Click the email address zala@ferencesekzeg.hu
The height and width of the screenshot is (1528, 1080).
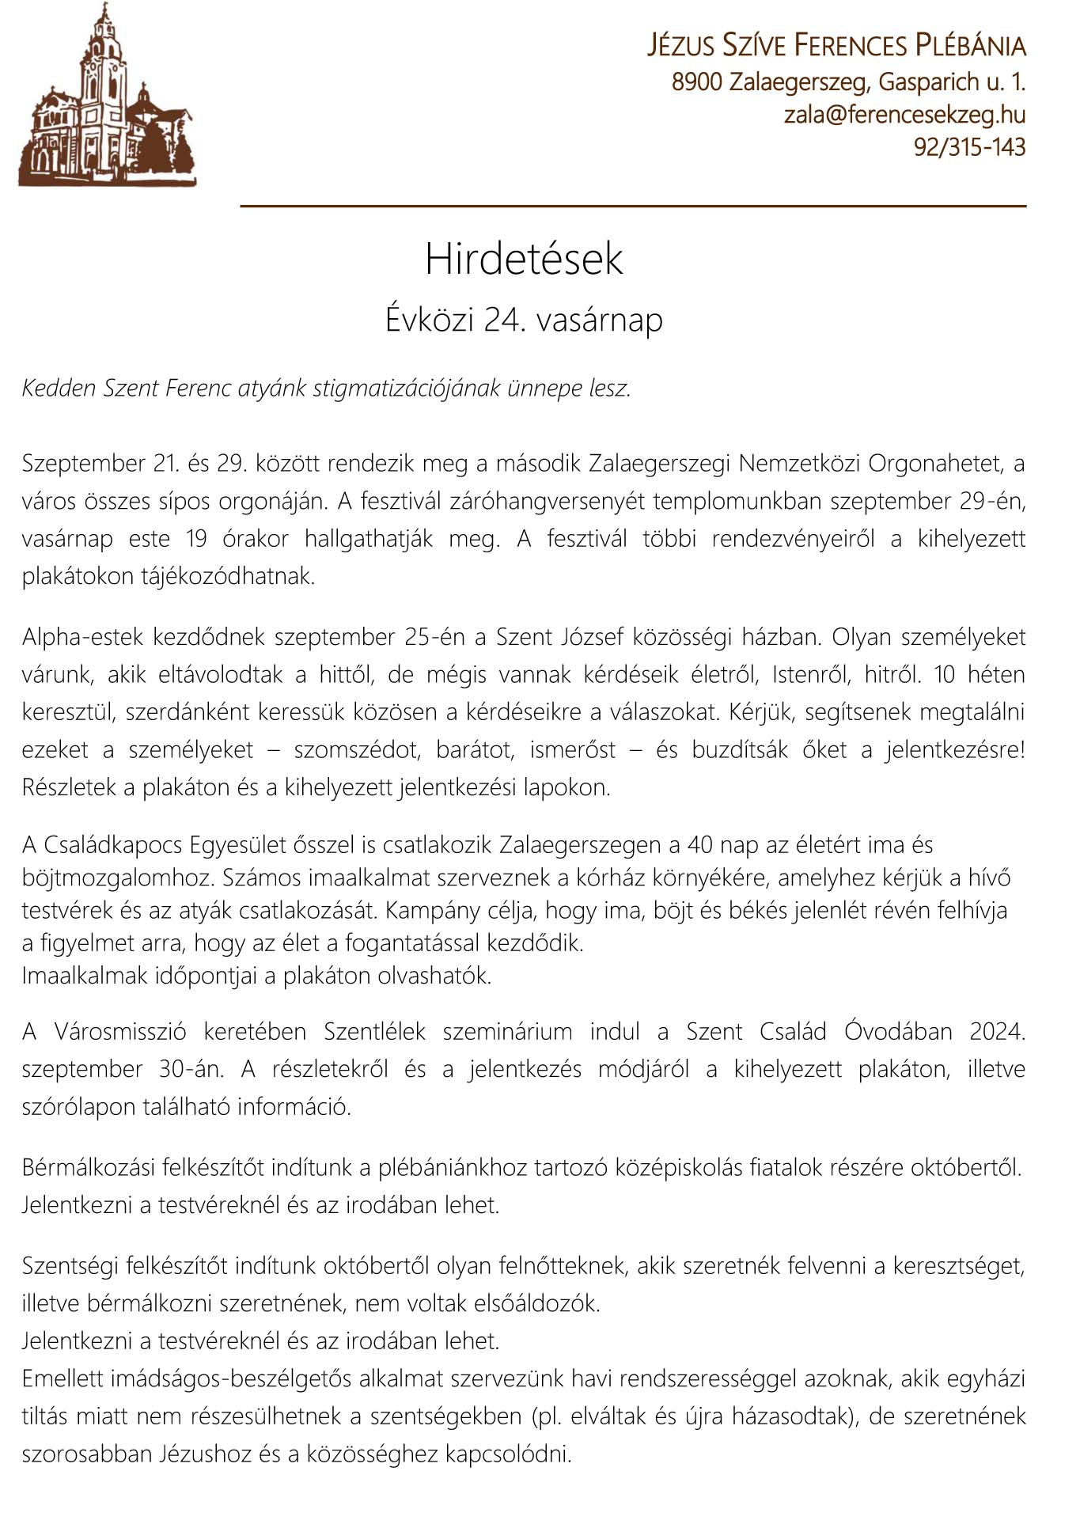point(904,115)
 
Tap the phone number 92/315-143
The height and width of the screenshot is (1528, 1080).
point(969,147)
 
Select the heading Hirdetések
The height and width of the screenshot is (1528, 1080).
point(524,260)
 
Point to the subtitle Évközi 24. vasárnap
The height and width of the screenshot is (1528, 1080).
point(524,320)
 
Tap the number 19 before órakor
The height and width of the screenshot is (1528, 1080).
point(198,539)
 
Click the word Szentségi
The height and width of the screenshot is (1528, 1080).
point(70,1267)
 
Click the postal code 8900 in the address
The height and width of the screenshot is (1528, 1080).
point(697,82)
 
